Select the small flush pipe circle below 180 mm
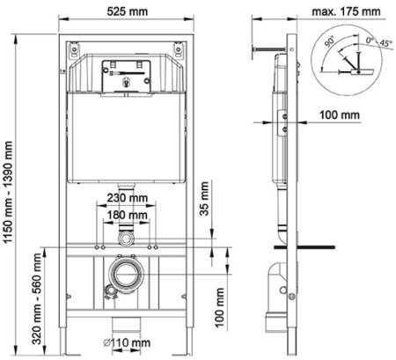(x=127, y=239)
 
